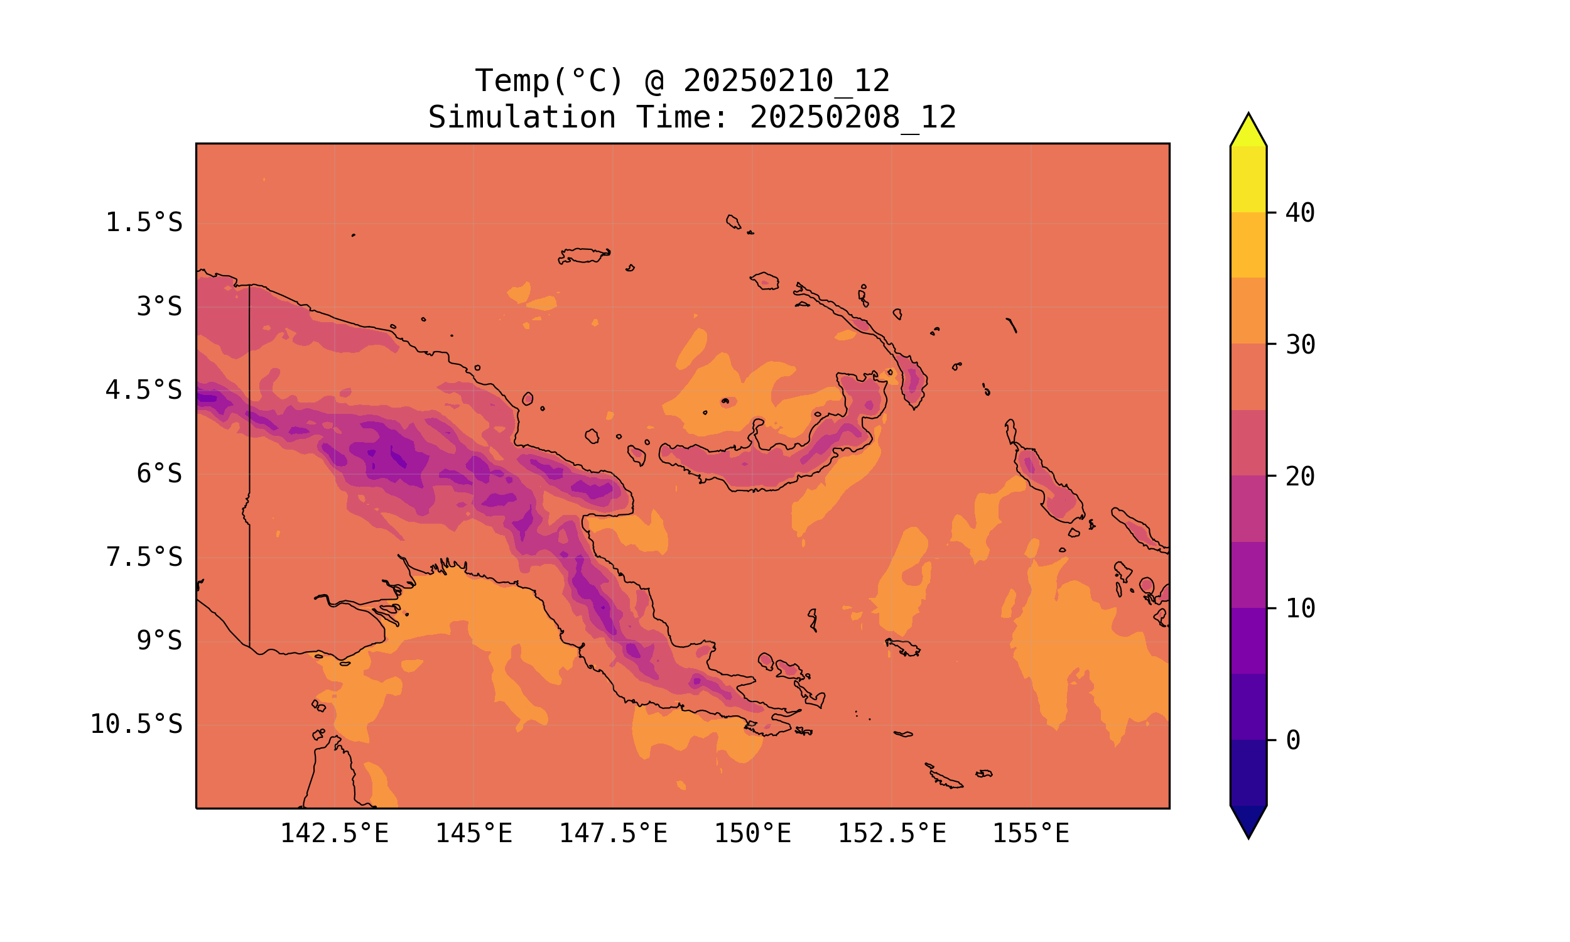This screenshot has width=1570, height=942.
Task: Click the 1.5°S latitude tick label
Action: [143, 224]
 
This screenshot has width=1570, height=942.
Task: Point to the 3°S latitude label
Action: [159, 307]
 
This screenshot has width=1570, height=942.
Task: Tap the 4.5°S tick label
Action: [143, 391]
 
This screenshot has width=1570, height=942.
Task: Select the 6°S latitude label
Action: [159, 474]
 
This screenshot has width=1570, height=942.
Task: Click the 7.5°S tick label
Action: [143, 558]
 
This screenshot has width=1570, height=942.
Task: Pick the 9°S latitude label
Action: [159, 641]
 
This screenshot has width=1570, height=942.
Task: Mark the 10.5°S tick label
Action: [136, 725]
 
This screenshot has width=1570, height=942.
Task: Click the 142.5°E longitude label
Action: [335, 834]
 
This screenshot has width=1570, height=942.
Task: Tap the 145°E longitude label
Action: [474, 834]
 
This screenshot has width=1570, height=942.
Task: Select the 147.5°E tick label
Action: [613, 834]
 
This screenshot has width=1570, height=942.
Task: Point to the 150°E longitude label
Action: [752, 834]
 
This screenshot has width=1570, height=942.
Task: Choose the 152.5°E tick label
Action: [892, 834]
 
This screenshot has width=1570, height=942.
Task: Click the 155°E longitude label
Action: [1031, 834]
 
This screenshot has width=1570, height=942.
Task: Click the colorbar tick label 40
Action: [1300, 214]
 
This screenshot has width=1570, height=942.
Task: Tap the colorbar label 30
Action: [1300, 345]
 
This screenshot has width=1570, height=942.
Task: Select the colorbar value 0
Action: [1292, 741]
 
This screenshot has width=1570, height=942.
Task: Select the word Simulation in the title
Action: [522, 118]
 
